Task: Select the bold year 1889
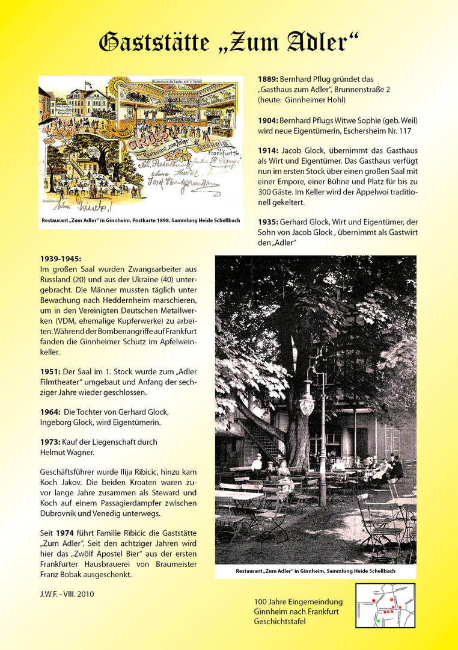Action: [x=268, y=79]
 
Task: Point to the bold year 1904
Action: [x=268, y=119]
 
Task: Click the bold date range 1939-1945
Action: [x=60, y=259]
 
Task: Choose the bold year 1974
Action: [x=65, y=533]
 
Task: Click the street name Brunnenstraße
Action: [x=358, y=89]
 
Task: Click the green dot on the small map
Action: [x=379, y=620]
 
